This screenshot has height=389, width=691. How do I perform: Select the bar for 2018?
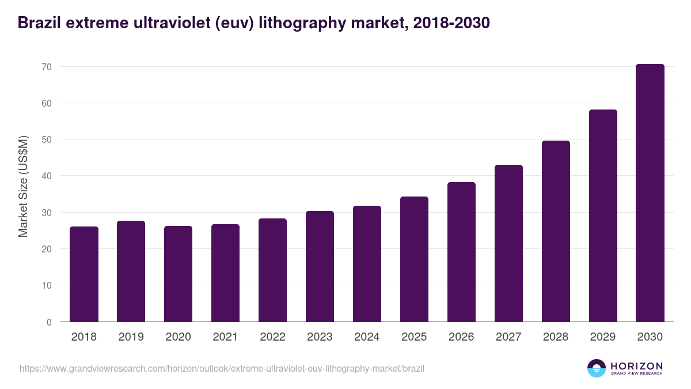[84, 274]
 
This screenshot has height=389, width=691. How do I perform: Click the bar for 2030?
[650, 193]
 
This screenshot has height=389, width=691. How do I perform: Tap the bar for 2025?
[414, 259]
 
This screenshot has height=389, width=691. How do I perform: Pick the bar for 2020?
[178, 274]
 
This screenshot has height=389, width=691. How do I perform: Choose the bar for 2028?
[556, 231]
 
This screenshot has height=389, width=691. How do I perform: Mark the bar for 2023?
[320, 266]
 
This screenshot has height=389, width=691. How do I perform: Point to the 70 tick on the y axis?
[47, 67]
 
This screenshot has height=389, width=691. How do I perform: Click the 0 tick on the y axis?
[50, 322]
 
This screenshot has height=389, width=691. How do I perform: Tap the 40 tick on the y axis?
[47, 176]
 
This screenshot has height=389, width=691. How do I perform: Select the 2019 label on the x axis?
[131, 337]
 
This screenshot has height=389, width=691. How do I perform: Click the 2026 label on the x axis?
[461, 337]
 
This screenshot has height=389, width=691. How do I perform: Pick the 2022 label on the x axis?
[272, 337]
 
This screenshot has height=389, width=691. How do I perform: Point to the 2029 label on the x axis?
[603, 337]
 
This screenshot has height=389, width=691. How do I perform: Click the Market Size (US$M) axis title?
[23, 186]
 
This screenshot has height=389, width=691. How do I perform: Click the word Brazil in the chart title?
[40, 23]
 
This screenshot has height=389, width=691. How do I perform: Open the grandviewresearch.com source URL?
[222, 368]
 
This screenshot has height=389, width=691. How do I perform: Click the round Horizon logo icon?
[597, 368]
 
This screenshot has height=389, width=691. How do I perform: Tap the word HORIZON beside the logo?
[636, 366]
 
